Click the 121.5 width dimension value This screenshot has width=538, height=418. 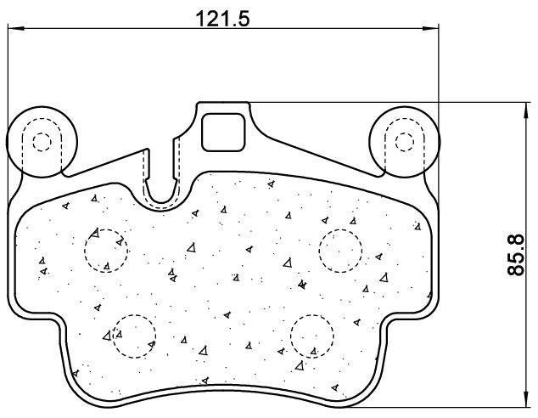pyautogui.click(x=222, y=19)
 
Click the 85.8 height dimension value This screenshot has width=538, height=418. pyautogui.click(x=516, y=254)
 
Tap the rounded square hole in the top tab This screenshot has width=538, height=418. pyautogui.click(x=223, y=133)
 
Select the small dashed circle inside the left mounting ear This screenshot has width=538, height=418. pyautogui.click(x=42, y=142)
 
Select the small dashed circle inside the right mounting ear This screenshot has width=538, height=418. pyautogui.click(x=405, y=142)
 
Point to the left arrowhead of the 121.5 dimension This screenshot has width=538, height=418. pyautogui.click(x=15, y=29)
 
